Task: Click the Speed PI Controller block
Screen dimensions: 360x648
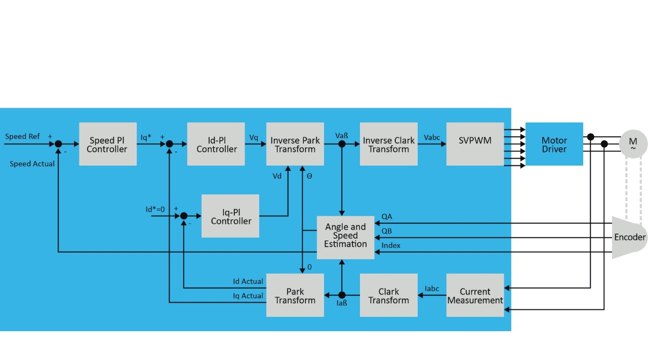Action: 107,144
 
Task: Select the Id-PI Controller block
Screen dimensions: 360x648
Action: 216,144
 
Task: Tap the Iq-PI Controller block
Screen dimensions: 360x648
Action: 230,216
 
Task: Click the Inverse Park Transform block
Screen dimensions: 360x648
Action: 295,144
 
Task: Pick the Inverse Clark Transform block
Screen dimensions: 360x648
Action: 388,144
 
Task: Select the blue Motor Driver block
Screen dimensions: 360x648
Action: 554,144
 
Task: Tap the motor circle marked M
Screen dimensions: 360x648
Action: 633,144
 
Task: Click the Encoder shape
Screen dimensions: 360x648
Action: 629,237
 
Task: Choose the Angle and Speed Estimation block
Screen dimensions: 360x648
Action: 345,236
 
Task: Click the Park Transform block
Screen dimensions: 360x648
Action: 295,296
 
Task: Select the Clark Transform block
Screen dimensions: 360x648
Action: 388,296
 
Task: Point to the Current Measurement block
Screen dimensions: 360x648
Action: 475,296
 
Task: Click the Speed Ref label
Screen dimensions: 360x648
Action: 22,136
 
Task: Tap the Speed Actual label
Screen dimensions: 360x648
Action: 32,164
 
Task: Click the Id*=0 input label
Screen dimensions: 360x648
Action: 155,209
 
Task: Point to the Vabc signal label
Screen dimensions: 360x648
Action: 432,137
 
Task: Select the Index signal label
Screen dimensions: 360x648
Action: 391,246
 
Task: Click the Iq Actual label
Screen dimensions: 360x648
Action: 248,296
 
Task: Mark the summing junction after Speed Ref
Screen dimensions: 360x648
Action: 59,144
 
